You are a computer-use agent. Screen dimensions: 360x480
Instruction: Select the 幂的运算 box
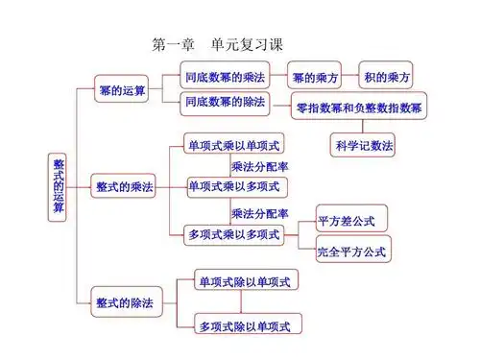[122, 90]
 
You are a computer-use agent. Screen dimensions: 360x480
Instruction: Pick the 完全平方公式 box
[352, 251]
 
